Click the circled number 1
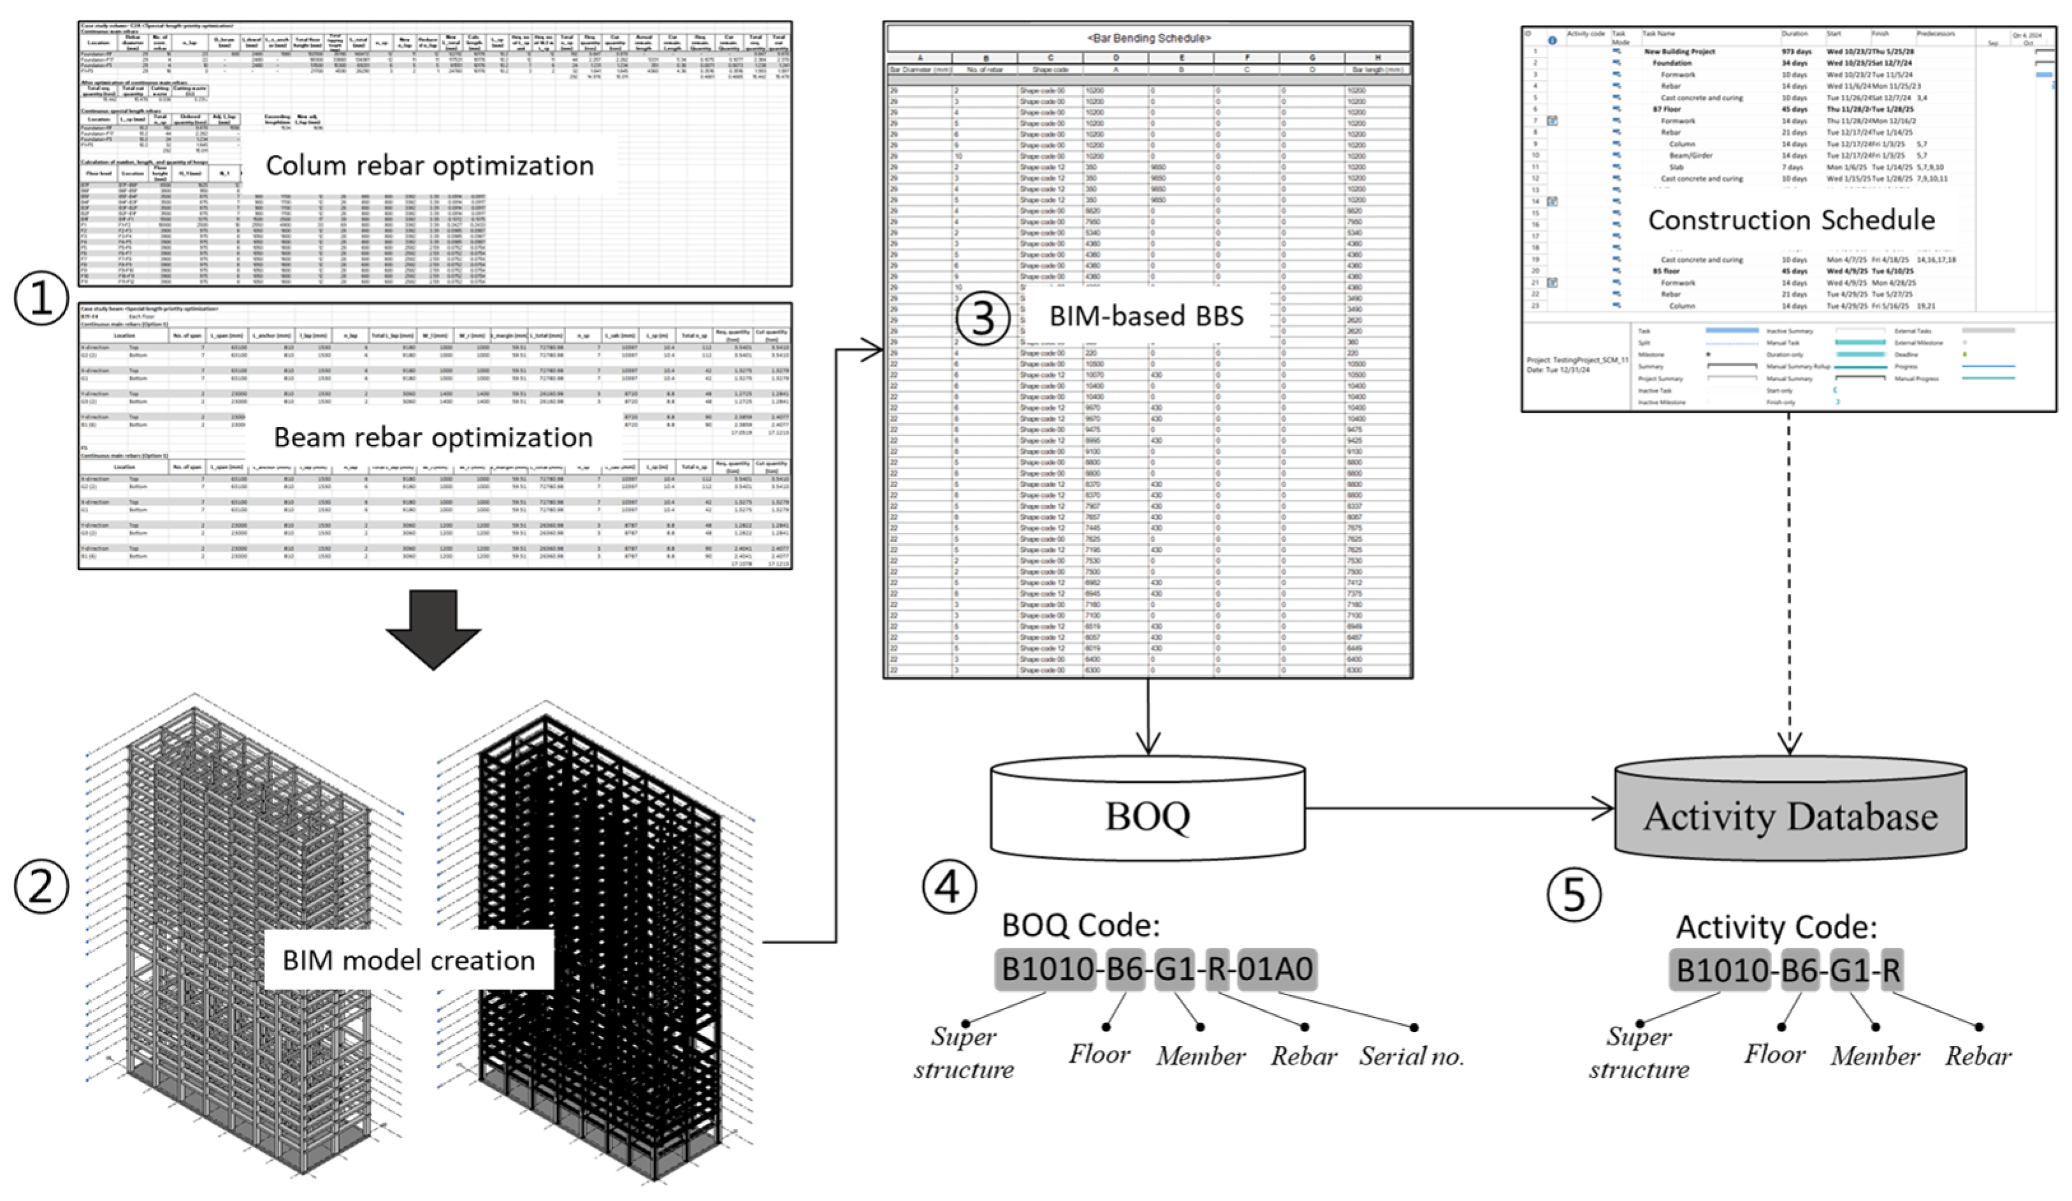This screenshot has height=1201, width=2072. [41, 298]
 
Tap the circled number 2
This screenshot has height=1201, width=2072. [41, 886]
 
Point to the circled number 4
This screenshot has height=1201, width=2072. [949, 887]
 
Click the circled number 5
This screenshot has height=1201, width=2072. [1574, 894]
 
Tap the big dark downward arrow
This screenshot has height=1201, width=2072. [433, 629]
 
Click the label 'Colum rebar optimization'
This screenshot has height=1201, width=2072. [429, 165]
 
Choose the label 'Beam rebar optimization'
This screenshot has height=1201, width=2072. [433, 437]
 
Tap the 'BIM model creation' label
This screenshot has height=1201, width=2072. [408, 960]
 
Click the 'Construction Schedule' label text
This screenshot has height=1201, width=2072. [1791, 220]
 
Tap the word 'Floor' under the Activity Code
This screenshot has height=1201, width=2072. [1774, 1054]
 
